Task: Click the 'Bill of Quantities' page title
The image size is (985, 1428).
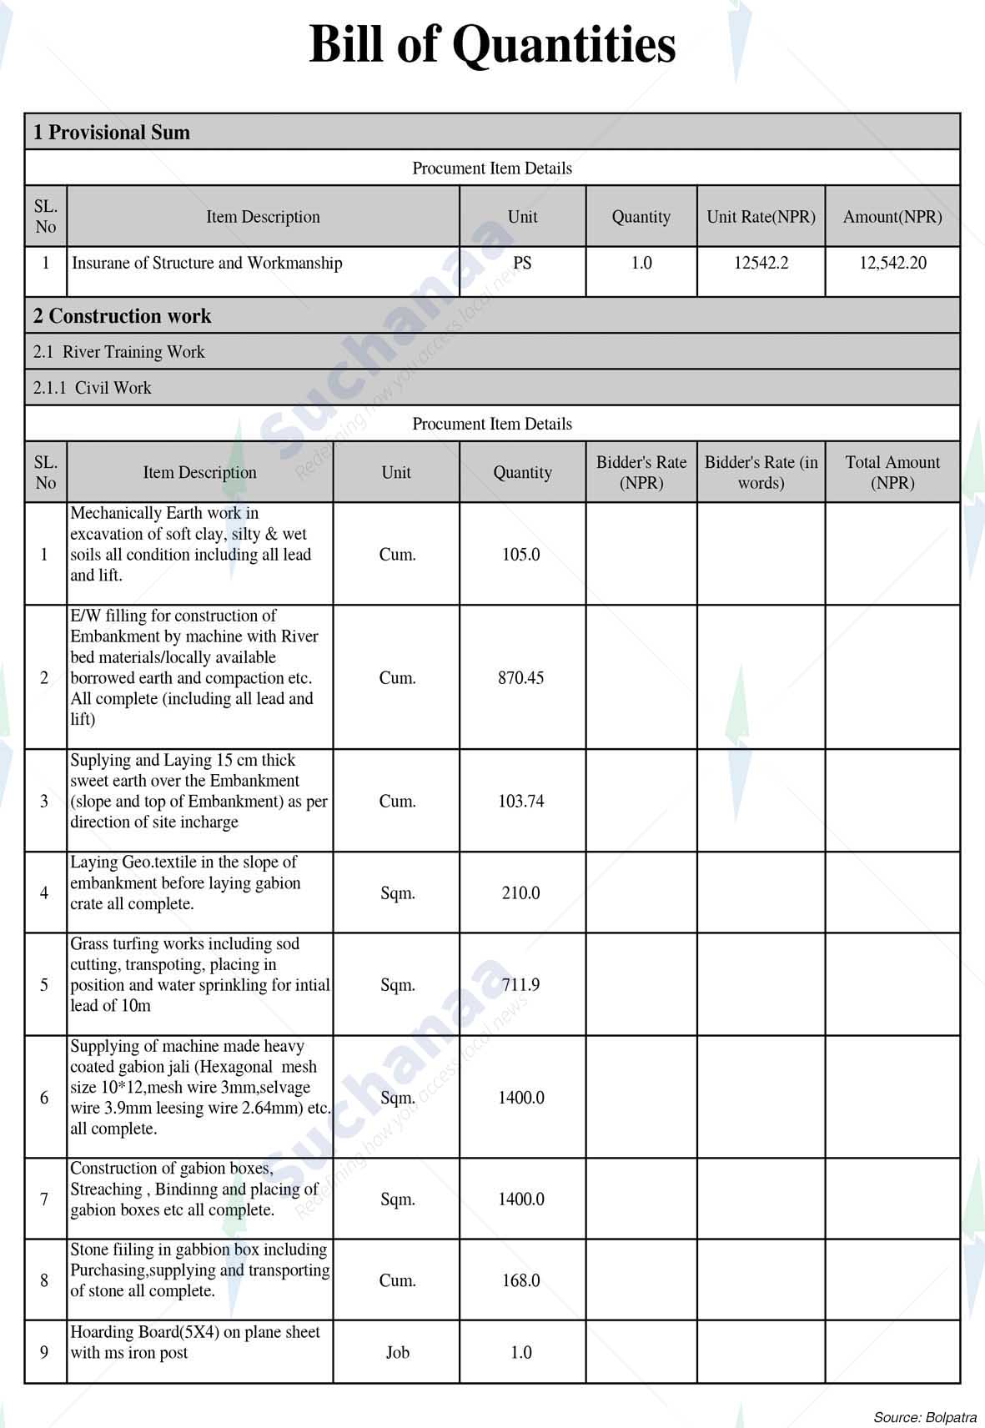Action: click(x=492, y=45)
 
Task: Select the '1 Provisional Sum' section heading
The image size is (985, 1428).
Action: click(x=112, y=133)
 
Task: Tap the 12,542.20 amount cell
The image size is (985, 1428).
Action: click(x=892, y=264)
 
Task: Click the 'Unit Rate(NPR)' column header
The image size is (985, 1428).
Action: click(x=761, y=217)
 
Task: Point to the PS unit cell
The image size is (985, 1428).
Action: click(x=522, y=264)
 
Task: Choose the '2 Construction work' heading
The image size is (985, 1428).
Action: click(x=122, y=316)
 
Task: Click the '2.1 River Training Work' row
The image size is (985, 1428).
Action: click(x=119, y=352)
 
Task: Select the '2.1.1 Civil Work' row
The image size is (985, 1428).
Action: click(x=93, y=388)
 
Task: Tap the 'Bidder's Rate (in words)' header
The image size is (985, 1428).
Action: click(x=761, y=472)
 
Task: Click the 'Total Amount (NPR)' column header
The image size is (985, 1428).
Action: click(x=892, y=472)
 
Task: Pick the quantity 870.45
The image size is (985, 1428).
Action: click(x=521, y=678)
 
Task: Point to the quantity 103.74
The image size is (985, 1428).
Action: click(x=521, y=802)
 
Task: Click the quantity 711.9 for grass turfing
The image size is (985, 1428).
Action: click(x=521, y=985)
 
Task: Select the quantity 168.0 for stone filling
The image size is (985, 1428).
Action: click(x=521, y=1280)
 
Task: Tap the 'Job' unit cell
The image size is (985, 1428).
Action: click(x=397, y=1352)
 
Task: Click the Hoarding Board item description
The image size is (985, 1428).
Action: click(x=194, y=1342)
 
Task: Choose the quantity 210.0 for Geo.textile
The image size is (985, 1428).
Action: click(x=521, y=893)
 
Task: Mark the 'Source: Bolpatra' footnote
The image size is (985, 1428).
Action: click(x=925, y=1417)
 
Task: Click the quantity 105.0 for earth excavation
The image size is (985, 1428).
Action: click(x=521, y=555)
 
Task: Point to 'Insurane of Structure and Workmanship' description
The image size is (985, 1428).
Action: click(x=207, y=264)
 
